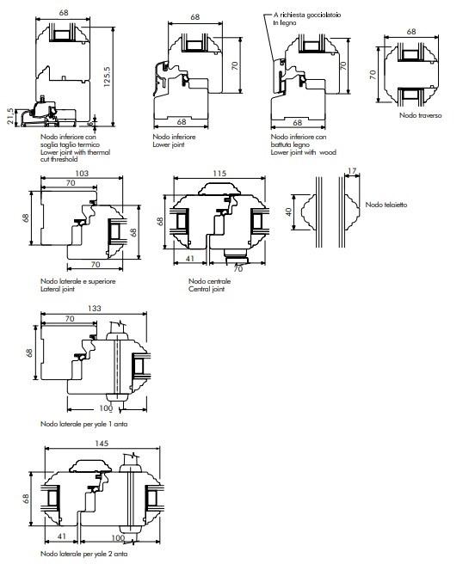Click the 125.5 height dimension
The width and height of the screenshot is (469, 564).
[x=107, y=77]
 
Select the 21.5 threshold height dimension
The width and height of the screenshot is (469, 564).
[x=11, y=116]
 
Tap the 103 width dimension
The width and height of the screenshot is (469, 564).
[x=82, y=174]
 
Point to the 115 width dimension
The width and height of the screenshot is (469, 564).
[x=219, y=174]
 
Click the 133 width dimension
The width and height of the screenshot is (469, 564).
[x=95, y=309]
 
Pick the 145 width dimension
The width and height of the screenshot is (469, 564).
[x=102, y=444]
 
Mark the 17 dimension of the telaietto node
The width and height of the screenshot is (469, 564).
[x=352, y=171]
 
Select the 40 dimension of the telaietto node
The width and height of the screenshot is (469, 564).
[x=288, y=211]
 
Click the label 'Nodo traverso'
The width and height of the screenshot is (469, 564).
[x=421, y=115]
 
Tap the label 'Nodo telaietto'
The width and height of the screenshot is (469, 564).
[x=386, y=205]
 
